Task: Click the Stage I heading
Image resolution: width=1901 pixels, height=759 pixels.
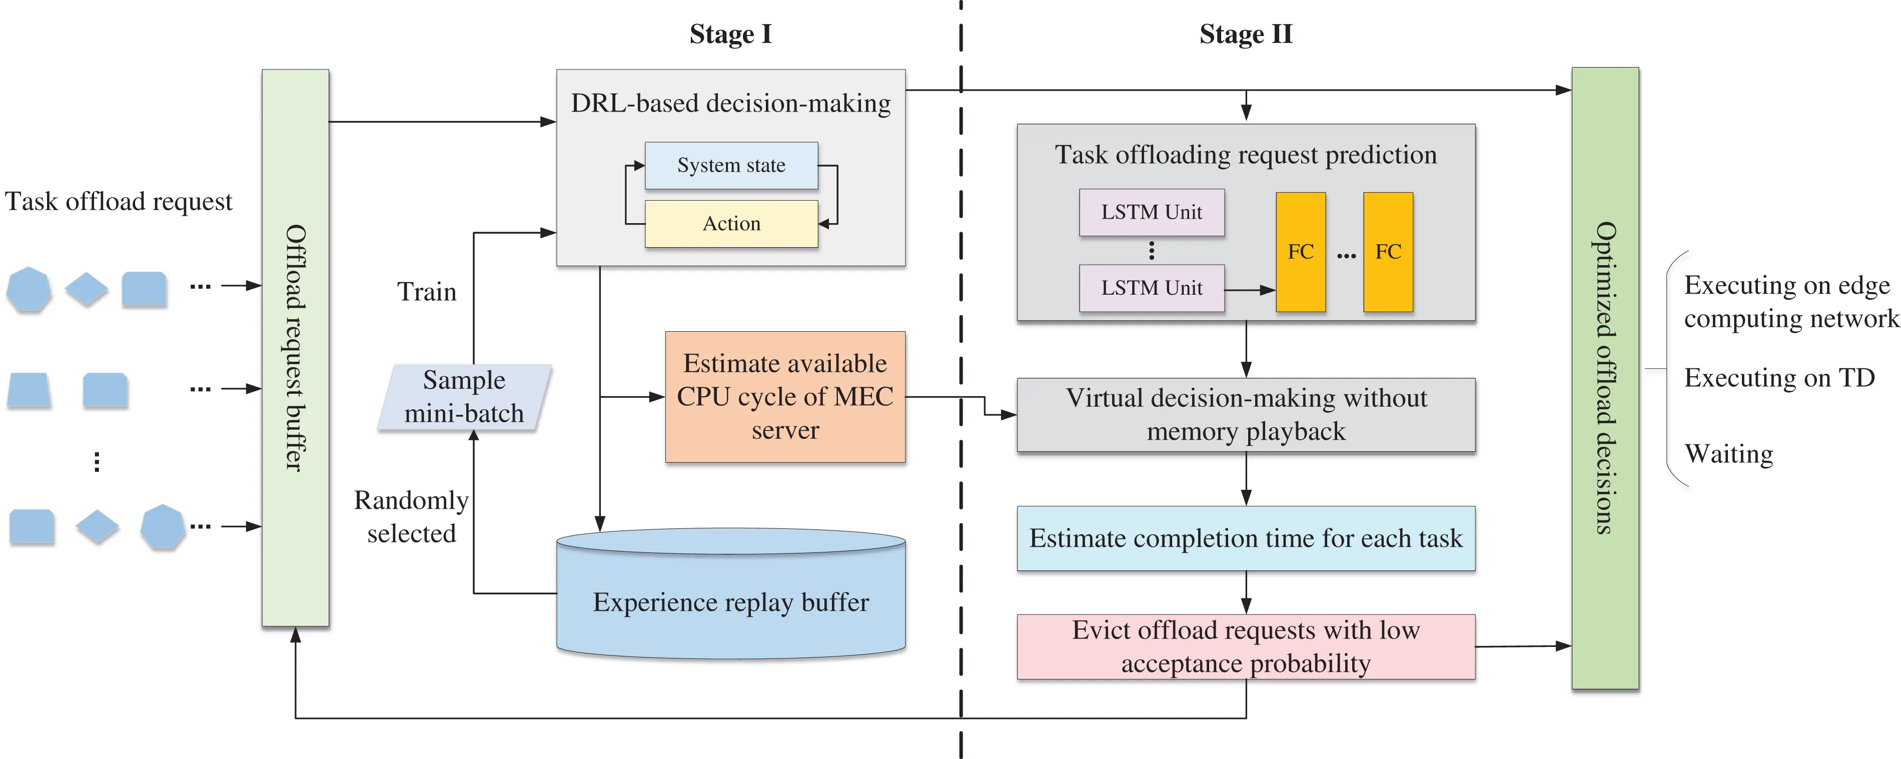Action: (x=730, y=34)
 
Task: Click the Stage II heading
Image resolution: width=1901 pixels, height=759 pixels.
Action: (x=1245, y=34)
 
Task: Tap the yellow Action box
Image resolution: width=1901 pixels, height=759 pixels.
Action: (x=730, y=224)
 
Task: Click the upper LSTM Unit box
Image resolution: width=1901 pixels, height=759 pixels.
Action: (x=1151, y=213)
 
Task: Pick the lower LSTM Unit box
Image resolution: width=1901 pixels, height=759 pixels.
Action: (x=1151, y=288)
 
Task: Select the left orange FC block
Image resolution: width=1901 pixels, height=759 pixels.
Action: (x=1300, y=252)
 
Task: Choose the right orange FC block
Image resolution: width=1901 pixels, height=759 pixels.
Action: (x=1387, y=252)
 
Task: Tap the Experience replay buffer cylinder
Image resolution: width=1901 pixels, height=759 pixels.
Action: (x=730, y=602)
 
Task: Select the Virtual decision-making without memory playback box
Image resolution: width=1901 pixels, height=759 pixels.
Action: (x=1245, y=414)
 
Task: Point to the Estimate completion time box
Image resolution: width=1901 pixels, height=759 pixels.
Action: (x=1245, y=538)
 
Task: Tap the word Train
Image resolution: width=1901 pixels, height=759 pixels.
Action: (x=427, y=292)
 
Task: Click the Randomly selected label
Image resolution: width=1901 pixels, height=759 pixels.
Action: (x=411, y=517)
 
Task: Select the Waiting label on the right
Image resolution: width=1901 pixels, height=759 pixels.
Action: (x=1728, y=453)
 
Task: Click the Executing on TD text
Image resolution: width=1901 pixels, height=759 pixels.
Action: (x=1778, y=378)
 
